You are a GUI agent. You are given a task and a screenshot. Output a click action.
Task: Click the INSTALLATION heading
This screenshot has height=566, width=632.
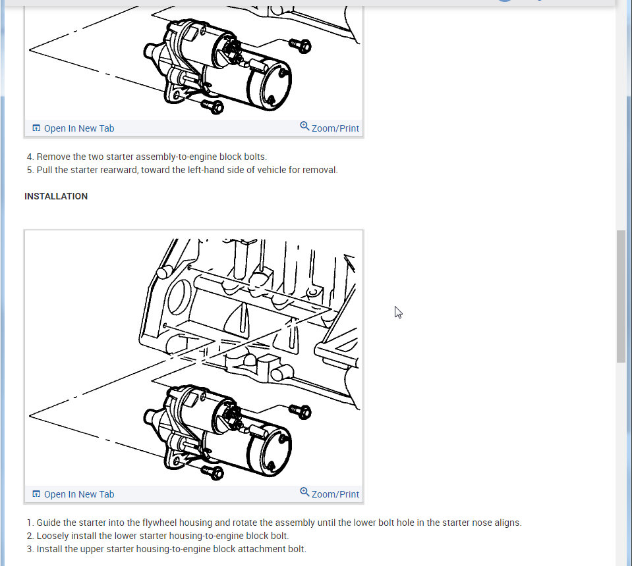tap(56, 196)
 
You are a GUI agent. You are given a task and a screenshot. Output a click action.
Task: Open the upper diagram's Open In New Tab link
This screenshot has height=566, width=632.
tap(73, 128)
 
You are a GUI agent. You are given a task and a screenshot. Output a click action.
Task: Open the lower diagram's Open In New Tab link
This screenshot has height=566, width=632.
tap(73, 494)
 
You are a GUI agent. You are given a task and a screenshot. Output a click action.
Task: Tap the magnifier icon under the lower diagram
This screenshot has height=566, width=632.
tap(304, 492)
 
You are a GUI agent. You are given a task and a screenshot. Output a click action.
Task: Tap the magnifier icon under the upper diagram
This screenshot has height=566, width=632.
tap(304, 126)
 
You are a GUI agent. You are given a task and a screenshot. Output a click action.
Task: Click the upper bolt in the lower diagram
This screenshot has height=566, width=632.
tap(301, 411)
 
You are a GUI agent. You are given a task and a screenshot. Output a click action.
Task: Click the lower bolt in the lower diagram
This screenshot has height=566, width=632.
tap(212, 472)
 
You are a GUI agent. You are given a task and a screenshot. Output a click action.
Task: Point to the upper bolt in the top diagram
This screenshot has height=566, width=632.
tap(301, 45)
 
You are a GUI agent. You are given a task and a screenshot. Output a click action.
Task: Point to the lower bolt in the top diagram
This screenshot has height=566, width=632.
tap(212, 106)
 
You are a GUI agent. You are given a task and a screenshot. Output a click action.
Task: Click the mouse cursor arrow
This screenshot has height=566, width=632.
tap(398, 313)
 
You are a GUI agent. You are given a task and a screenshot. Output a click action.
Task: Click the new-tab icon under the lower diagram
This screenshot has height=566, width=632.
tap(36, 494)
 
